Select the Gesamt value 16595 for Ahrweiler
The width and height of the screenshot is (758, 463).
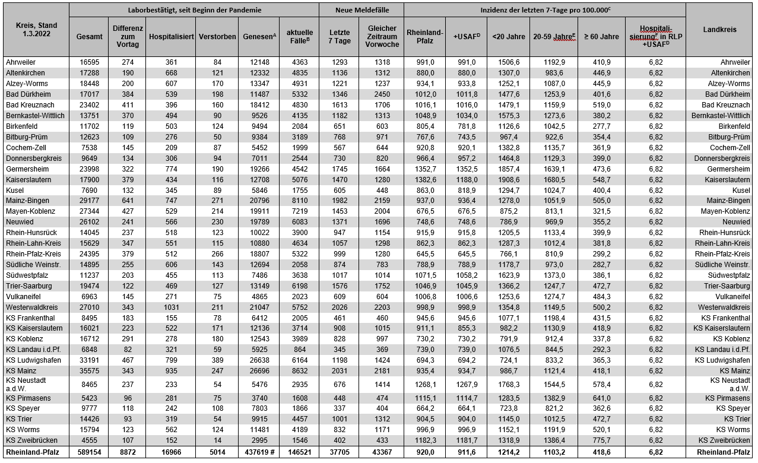(x=89, y=62)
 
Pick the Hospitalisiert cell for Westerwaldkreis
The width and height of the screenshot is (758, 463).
(x=172, y=307)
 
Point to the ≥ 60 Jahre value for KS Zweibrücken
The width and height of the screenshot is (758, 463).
(x=601, y=440)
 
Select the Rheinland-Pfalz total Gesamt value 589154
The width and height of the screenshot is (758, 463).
(x=89, y=452)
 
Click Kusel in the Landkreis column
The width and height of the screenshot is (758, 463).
(x=741, y=190)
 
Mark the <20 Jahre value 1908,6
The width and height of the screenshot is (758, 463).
(x=509, y=179)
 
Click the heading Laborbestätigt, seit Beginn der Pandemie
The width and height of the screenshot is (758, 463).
(x=194, y=10)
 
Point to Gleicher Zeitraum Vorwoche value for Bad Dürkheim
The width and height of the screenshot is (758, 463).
(x=382, y=94)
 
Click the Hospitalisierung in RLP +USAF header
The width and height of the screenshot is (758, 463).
(x=655, y=36)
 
